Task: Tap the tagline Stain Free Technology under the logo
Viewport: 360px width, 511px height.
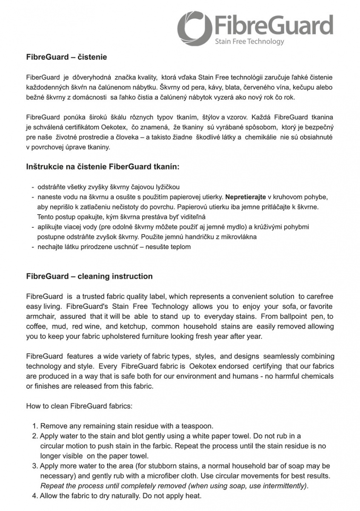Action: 249,41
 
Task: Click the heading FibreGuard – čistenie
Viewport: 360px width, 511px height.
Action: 66,57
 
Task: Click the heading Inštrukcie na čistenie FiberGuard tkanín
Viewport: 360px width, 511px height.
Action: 103,167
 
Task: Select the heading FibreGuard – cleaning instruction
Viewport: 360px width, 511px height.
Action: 89,276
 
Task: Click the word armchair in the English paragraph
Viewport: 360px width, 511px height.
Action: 41,316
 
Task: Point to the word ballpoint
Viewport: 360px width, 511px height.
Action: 298,316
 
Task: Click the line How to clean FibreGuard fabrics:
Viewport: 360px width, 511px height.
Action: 80,406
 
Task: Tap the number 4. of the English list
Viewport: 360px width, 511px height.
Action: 35,496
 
